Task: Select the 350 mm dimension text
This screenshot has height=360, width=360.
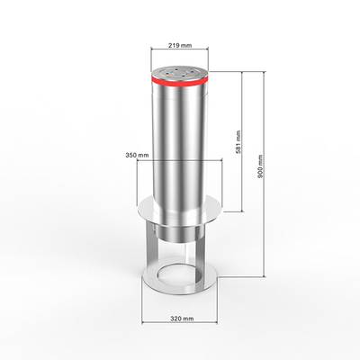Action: click(137, 155)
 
